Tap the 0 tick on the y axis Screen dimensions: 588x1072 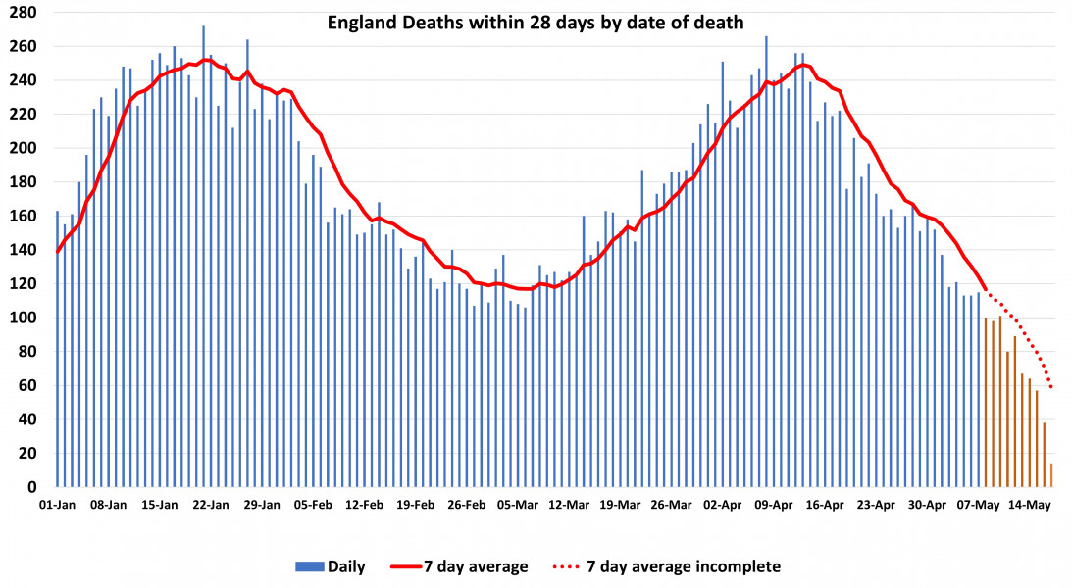click(32, 487)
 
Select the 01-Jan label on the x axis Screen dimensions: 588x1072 click(57, 506)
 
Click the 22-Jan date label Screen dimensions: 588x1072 click(211, 506)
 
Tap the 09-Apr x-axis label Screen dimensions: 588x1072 click(775, 506)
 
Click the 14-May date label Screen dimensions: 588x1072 click(1031, 506)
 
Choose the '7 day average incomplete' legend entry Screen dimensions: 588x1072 click(668, 566)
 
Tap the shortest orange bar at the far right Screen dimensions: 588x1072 click(1051, 476)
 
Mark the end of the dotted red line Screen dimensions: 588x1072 click(1051, 386)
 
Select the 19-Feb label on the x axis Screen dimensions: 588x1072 click(416, 506)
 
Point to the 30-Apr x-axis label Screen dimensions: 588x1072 click(928, 506)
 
